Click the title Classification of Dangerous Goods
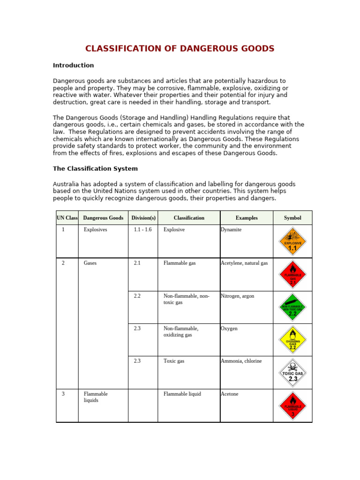(x=180, y=49)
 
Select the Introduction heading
(x=73, y=65)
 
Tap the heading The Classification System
(x=95, y=168)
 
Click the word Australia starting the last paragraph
(x=66, y=184)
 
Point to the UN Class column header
(x=67, y=218)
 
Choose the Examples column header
(x=247, y=218)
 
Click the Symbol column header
(x=292, y=218)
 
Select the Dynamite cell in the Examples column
(x=231, y=230)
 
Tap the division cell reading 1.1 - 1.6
(x=142, y=230)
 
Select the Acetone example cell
(x=230, y=394)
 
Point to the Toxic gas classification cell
(x=174, y=361)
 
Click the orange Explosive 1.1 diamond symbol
(x=292, y=241)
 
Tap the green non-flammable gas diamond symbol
(x=292, y=307)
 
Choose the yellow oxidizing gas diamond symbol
(x=292, y=340)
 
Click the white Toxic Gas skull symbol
(x=292, y=373)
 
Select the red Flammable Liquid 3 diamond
(x=292, y=405)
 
